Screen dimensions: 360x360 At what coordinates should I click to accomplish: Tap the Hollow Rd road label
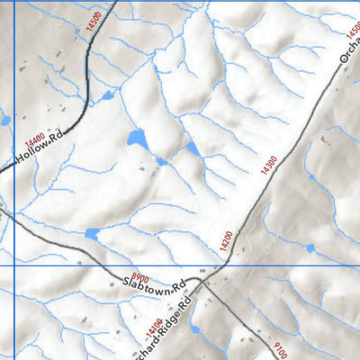point(41,151)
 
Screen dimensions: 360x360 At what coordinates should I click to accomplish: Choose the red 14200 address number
point(225,241)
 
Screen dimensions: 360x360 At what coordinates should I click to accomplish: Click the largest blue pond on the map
point(137,139)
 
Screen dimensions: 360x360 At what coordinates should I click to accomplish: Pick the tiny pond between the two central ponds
point(162,161)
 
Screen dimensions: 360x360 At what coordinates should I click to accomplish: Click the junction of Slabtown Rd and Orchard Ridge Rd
point(205,282)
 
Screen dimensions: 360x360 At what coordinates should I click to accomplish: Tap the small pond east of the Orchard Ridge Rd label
point(194,304)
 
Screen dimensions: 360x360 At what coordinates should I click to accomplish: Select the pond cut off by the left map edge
point(4,120)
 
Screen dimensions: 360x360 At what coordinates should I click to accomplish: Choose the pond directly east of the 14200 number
point(310,247)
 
